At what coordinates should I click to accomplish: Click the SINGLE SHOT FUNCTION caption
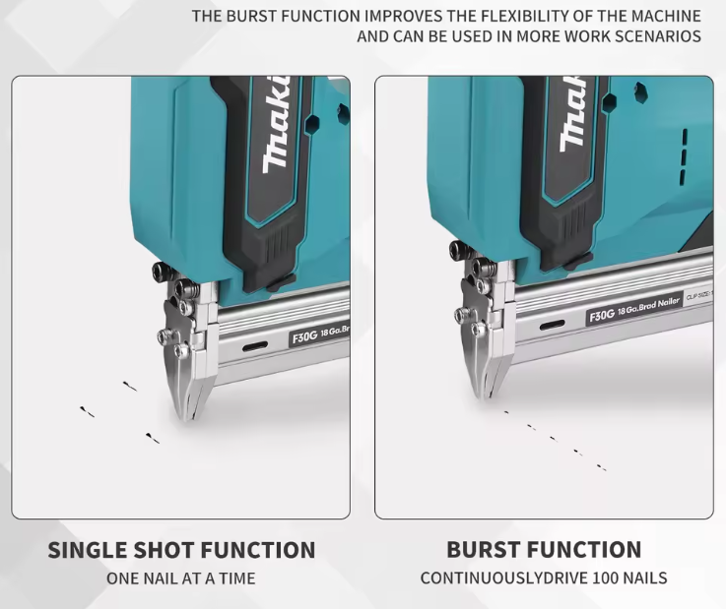181,550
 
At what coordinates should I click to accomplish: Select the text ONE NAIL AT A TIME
181,579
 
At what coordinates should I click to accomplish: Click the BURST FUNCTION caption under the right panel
544,549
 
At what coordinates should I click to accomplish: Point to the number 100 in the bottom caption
606,579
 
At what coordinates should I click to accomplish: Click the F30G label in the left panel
304,337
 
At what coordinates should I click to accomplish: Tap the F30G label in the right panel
602,316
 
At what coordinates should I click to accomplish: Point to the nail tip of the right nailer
487,396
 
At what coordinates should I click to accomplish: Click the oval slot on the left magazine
255,346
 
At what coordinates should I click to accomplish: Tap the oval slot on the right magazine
552,325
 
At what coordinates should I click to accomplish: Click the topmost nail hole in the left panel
130,386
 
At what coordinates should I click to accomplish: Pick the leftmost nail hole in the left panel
87,411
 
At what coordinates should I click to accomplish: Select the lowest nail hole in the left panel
153,438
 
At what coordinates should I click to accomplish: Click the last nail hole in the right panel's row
602,467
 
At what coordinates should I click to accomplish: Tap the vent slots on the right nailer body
684,155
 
